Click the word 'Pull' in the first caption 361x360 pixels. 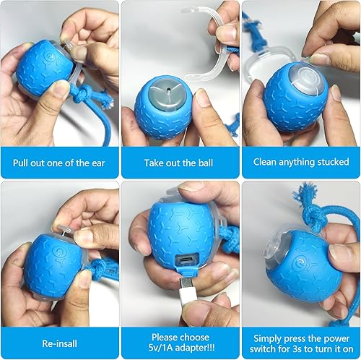pyautogui.click(x=22, y=162)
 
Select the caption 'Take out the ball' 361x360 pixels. pyautogui.click(x=180, y=162)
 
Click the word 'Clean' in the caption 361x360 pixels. pyautogui.click(x=267, y=162)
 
